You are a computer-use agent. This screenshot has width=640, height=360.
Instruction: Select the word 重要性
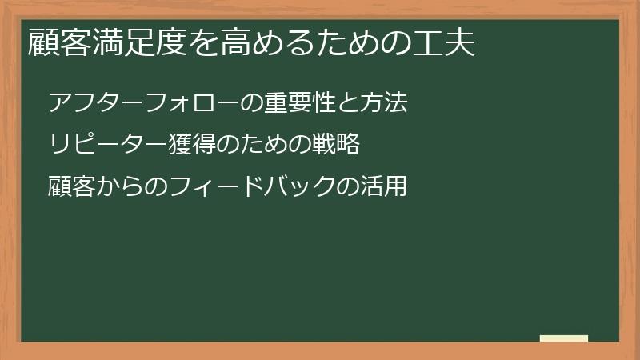[x=301, y=103]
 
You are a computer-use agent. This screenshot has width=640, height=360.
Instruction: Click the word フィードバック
[x=254, y=188]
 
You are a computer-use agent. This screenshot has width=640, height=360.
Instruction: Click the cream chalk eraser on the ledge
[x=564, y=338]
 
